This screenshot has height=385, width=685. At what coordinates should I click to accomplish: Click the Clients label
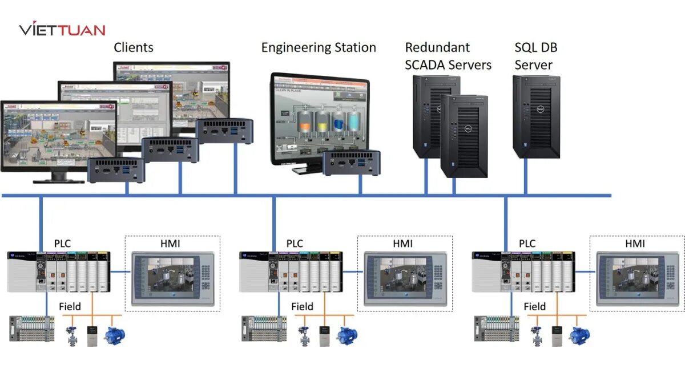click(134, 47)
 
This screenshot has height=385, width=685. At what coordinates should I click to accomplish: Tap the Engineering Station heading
click(319, 47)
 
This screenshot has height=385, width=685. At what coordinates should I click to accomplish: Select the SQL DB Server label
click(534, 56)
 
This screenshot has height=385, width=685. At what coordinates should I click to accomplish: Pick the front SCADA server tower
click(464, 137)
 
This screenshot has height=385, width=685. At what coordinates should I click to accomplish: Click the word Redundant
click(437, 47)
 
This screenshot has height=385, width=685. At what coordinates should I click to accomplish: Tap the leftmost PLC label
click(62, 244)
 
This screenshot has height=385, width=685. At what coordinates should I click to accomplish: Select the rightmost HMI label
click(635, 244)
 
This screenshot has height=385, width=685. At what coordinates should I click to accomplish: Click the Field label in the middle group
click(302, 306)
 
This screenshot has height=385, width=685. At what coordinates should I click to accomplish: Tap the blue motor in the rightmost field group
click(579, 335)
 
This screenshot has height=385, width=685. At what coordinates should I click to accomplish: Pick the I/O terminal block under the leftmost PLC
click(32, 329)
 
